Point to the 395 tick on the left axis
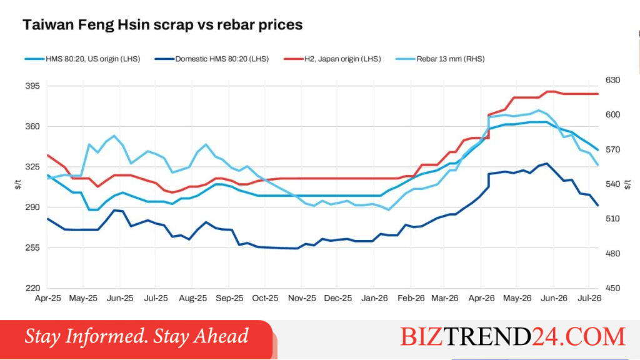coord(32,86)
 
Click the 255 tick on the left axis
coord(32,247)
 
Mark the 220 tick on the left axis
coord(32,288)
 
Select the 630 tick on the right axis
coord(612,80)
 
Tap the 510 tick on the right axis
coord(612,219)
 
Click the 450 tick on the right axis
coord(612,288)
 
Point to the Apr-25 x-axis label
coord(47,298)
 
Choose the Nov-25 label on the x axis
coord(302,298)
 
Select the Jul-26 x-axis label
coord(589,298)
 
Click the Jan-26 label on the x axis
coord(374,298)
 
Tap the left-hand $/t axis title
coord(18,184)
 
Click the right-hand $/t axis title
coord(627,184)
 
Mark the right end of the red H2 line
coord(598,94)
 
